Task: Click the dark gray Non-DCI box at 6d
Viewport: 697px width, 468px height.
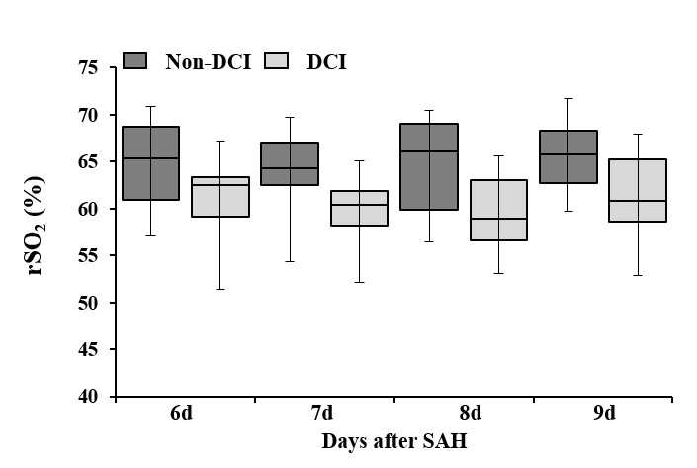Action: pyautogui.click(x=150, y=163)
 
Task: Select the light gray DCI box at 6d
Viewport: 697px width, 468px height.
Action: pyautogui.click(x=220, y=197)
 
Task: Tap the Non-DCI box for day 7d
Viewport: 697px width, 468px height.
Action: pyautogui.click(x=290, y=164)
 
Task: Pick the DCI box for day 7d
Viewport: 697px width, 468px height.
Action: pyautogui.click(x=359, y=208)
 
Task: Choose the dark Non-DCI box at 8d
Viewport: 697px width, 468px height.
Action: pyautogui.click(x=429, y=166)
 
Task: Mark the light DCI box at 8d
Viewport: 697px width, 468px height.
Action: pyautogui.click(x=498, y=210)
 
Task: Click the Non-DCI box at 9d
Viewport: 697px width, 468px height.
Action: pyautogui.click(x=568, y=156)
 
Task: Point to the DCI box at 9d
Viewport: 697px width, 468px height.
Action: pyautogui.click(x=638, y=190)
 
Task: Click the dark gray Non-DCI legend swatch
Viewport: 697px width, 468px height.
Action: pyautogui.click(x=134, y=61)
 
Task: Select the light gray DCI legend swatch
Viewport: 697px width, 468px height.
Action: pyautogui.click(x=276, y=61)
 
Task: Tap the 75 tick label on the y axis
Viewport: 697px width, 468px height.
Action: pyautogui.click(x=88, y=68)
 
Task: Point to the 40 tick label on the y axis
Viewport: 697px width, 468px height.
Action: pyautogui.click(x=88, y=396)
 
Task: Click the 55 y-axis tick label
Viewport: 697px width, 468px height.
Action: pyautogui.click(x=88, y=256)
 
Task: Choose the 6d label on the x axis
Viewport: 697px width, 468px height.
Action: pyautogui.click(x=181, y=413)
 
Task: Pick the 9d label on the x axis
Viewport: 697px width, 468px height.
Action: pyautogui.click(x=604, y=413)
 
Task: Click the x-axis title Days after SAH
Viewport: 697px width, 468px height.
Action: pyautogui.click(x=394, y=441)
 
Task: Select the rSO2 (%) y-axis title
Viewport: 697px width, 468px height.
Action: pyautogui.click(x=36, y=226)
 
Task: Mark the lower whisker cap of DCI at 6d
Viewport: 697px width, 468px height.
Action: pyautogui.click(x=220, y=290)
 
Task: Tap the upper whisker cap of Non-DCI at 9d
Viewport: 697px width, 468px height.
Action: pyautogui.click(x=568, y=98)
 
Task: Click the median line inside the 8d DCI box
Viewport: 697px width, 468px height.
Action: pyautogui.click(x=498, y=219)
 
